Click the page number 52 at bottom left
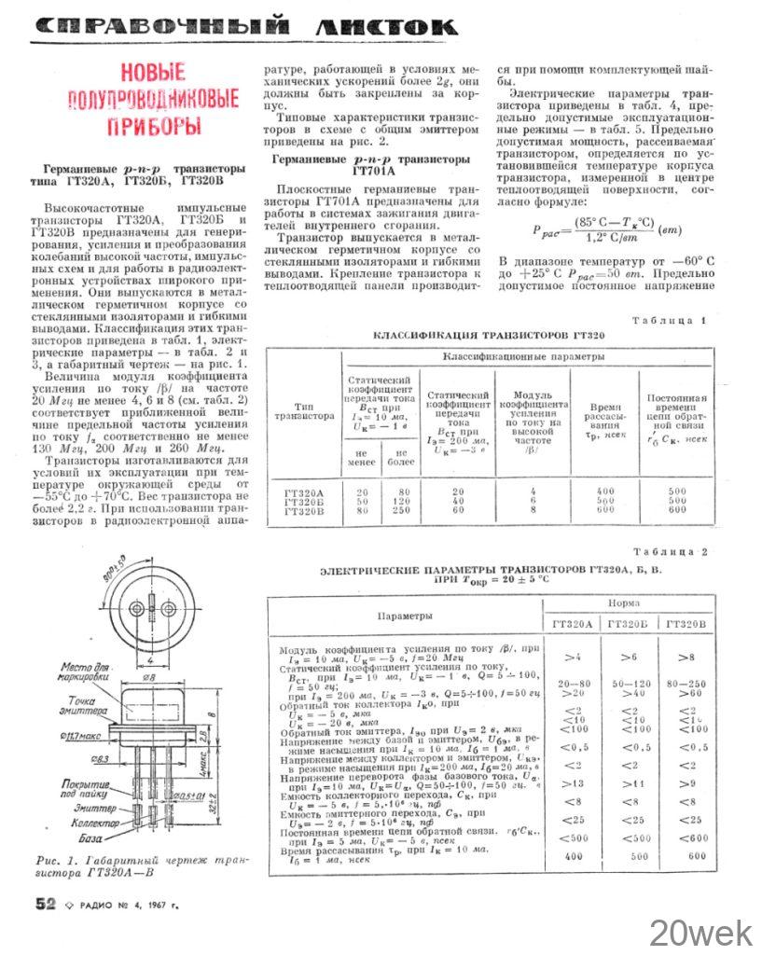pos(46,903)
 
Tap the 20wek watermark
pos(702,932)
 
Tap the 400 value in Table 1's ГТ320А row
pos(606,491)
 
